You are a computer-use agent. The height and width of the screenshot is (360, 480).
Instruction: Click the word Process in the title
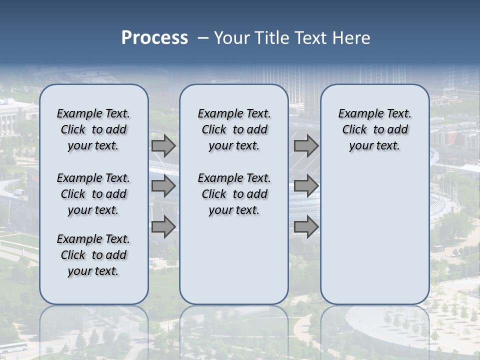tap(154, 37)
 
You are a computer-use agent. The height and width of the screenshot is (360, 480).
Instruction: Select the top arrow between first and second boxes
tap(163, 146)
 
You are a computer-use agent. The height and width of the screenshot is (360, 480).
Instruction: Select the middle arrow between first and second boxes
tap(163, 186)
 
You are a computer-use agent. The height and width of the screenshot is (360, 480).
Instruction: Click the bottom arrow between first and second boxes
tap(163, 227)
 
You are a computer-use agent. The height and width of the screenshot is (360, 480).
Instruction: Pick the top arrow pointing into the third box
tap(306, 146)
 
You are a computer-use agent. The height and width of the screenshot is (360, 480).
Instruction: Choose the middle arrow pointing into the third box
tap(306, 186)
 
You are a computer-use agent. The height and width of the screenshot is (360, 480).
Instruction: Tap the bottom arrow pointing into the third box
tap(306, 227)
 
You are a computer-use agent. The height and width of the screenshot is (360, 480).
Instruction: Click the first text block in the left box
tap(93, 129)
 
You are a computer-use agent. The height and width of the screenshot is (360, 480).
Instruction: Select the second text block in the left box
tap(93, 194)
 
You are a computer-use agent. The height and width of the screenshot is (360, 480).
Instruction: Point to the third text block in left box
tap(93, 255)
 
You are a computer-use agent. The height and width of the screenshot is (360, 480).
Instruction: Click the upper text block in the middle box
tap(234, 129)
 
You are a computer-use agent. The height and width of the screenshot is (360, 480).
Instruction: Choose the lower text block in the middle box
tap(234, 194)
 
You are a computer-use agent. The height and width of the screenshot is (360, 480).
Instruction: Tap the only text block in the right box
tap(374, 129)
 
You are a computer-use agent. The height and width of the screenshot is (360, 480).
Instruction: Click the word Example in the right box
tap(356, 113)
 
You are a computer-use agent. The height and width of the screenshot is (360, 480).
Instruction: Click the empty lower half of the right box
tap(374, 240)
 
